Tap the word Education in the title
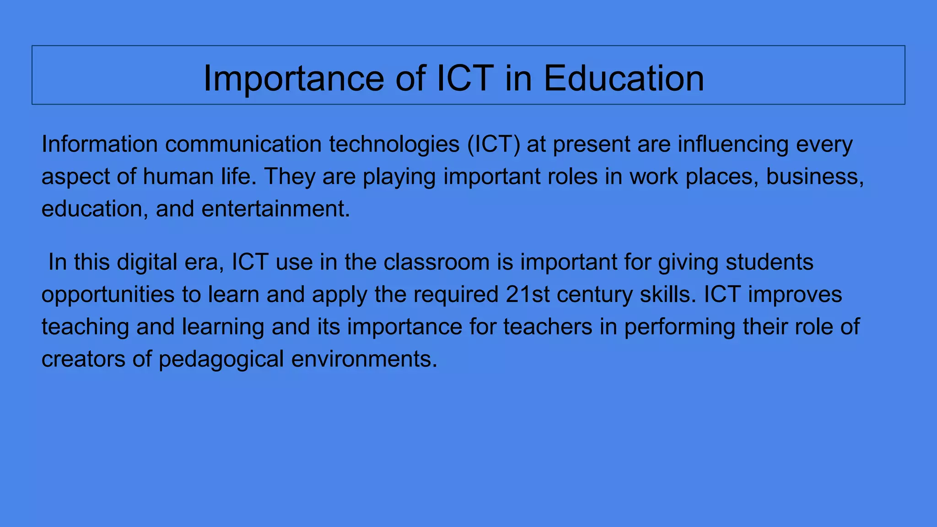pos(624,78)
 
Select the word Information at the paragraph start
pos(99,144)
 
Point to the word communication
pos(243,144)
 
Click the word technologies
pos(394,145)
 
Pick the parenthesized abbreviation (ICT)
pos(494,145)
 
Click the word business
pos(815,177)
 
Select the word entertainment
pos(275,209)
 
